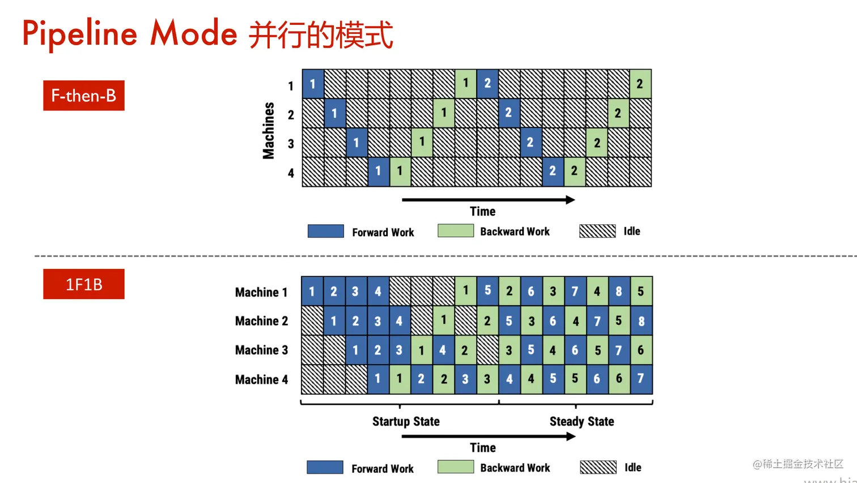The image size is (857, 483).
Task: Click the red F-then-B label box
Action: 84,95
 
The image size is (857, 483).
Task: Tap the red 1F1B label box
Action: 84,284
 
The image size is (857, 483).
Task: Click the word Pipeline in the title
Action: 80,33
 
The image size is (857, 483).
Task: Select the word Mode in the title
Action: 193,33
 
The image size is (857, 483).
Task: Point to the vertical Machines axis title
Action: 269,130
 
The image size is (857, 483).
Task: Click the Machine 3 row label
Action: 261,350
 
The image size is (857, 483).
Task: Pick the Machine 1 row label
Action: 261,292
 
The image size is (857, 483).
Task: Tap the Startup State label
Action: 406,421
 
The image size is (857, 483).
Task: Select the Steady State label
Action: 582,421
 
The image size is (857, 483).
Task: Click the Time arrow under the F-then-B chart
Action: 488,200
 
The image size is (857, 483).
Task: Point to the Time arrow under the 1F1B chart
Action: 488,437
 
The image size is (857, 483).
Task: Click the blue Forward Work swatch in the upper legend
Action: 325,231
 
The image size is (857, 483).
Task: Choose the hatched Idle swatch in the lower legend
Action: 598,467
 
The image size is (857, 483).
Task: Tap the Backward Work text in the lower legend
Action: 515,468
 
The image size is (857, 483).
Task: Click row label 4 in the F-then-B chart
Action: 291,173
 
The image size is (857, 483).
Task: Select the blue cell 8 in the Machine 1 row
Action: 618,291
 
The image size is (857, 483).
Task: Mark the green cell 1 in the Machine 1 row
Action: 465,291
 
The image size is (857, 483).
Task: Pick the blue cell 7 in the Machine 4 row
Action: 640,379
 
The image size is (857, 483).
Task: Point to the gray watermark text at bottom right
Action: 798,464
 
